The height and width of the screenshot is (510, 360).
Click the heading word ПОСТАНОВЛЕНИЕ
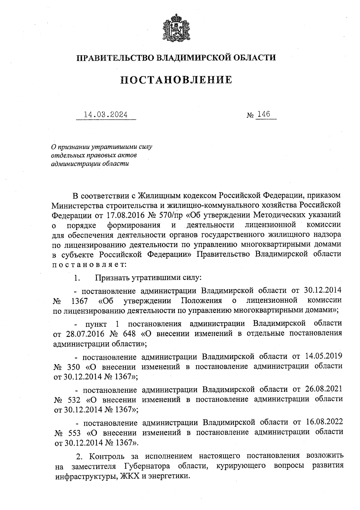[x=176, y=80]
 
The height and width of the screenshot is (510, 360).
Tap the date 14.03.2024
[x=106, y=115]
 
